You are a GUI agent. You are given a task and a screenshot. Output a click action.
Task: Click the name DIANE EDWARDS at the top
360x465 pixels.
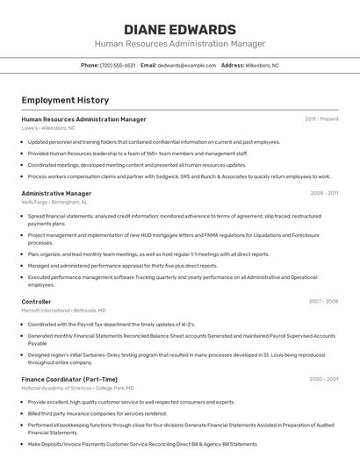[180, 29]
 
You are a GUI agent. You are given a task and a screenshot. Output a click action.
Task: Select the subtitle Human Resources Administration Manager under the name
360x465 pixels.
[180, 44]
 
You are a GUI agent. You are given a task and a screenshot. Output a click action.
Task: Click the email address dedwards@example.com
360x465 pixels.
[186, 66]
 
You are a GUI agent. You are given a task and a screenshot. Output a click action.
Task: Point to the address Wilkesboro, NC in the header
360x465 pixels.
[263, 66]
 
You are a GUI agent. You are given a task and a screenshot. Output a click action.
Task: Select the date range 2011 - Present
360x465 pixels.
[321, 119]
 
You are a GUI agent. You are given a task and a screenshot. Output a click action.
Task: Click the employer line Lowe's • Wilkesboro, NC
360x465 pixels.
[48, 128]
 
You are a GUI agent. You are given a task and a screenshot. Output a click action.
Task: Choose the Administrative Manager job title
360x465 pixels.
[56, 193]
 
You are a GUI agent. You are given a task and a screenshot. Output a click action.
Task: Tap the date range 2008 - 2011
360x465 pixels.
[323, 193]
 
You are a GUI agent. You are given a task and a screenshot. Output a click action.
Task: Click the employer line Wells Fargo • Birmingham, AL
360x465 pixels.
[54, 202]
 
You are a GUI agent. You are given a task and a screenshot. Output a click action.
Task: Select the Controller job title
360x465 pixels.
[36, 301]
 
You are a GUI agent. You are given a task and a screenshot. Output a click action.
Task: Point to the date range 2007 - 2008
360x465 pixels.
[323, 301]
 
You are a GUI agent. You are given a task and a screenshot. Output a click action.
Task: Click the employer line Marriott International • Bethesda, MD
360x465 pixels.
[63, 310]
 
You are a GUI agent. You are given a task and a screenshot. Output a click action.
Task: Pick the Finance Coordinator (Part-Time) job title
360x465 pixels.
[69, 379]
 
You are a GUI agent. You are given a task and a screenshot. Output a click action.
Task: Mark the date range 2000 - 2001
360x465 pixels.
[323, 379]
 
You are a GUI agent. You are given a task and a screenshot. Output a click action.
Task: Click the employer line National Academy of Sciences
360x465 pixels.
[77, 388]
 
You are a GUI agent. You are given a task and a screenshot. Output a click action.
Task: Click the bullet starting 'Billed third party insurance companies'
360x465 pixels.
[97, 413]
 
